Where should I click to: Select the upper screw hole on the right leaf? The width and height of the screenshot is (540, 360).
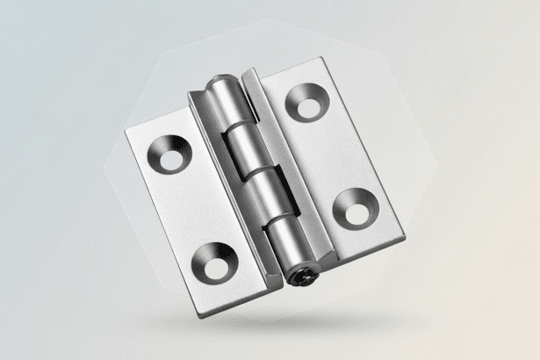[x=306, y=101]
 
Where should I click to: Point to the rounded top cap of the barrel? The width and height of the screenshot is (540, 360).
[x=220, y=85]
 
